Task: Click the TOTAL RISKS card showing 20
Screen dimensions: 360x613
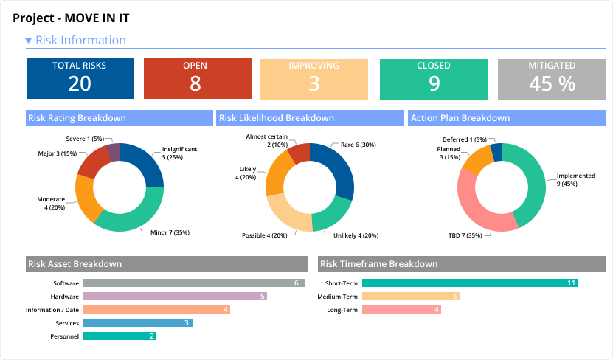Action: (x=80, y=77)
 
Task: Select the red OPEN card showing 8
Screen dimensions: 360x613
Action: (x=195, y=77)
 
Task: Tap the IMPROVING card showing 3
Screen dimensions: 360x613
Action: (x=314, y=77)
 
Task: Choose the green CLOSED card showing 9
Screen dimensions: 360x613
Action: (x=433, y=77)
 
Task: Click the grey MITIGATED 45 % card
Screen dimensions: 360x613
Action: (x=552, y=77)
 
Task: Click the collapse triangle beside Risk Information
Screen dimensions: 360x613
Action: (x=28, y=41)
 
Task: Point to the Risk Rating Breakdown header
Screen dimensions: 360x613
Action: (x=77, y=118)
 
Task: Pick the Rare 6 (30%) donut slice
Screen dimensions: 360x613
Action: (x=339, y=166)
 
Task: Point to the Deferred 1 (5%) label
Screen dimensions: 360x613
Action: (x=464, y=139)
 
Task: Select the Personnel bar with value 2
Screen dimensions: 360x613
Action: (x=119, y=336)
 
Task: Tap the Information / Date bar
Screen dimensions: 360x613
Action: (x=156, y=310)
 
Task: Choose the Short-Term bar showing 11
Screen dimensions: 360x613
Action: (x=470, y=283)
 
